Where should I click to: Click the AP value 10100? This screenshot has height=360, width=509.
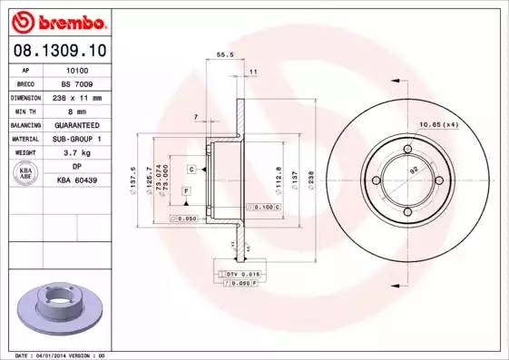pyautogui.click(x=77, y=69)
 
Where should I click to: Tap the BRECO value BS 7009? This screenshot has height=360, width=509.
pyautogui.click(x=77, y=83)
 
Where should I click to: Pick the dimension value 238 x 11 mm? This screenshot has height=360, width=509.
pyautogui.click(x=77, y=96)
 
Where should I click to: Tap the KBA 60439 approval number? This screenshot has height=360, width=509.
pyautogui.click(x=77, y=181)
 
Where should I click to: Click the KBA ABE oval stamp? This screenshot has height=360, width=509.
pyautogui.click(x=26, y=174)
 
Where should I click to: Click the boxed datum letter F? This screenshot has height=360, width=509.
pyautogui.click(x=185, y=191)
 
